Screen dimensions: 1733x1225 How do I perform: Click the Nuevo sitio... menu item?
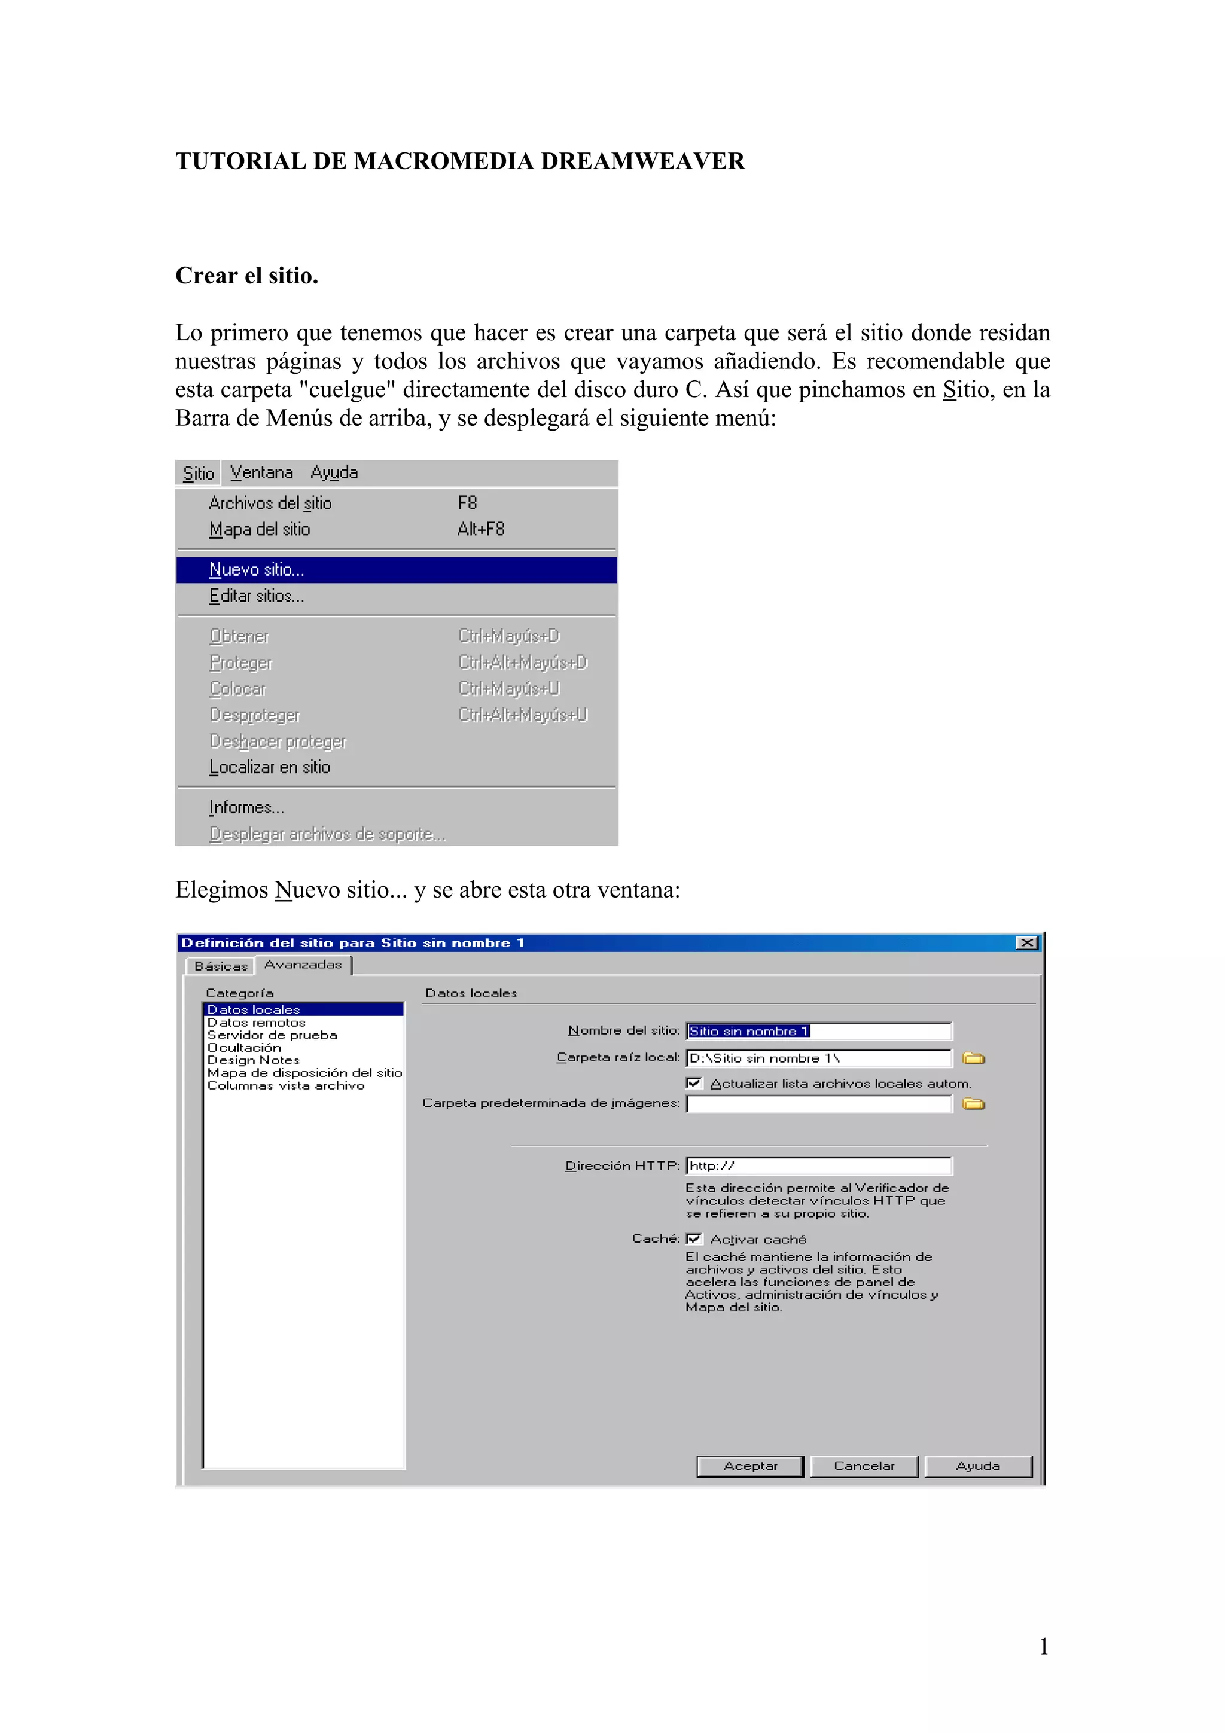tap(257, 570)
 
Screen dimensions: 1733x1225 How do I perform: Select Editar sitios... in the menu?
tap(257, 596)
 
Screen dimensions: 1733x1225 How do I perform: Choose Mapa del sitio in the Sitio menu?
tap(259, 530)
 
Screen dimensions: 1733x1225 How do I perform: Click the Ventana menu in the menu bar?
tap(261, 473)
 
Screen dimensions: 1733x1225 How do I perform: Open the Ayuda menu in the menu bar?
tap(334, 473)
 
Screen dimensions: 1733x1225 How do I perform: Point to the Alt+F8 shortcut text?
tap(481, 530)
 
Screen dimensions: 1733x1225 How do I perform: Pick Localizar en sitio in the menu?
tap(269, 768)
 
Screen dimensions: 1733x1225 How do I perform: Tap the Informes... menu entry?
tap(246, 808)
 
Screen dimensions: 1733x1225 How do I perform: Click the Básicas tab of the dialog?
tap(220, 966)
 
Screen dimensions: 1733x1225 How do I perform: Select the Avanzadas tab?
tap(303, 965)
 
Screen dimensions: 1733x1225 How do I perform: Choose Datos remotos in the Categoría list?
tap(257, 1023)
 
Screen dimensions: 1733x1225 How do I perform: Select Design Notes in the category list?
tap(254, 1060)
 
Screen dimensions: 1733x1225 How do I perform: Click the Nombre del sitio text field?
tap(819, 1031)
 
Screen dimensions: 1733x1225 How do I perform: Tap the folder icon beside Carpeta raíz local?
tap(974, 1058)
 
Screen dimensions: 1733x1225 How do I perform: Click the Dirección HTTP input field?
tap(819, 1166)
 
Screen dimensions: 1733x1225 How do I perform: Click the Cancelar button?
tap(864, 1466)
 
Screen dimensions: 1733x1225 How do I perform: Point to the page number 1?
tap(1044, 1646)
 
